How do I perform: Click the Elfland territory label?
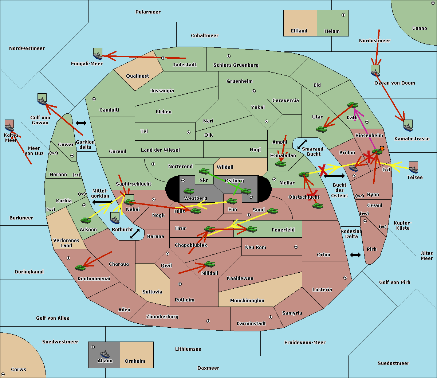click(299, 31)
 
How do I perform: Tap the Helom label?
click(332, 31)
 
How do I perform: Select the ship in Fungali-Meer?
click(98, 54)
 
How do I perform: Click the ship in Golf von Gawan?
click(42, 100)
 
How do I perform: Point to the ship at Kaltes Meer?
click(9, 126)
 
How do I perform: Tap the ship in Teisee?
click(413, 168)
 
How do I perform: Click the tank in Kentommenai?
click(80, 268)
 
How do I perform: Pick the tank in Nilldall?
click(209, 264)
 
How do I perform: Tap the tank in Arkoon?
click(86, 220)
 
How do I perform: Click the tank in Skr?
click(204, 171)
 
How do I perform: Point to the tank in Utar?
click(321, 129)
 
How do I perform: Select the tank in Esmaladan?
click(280, 164)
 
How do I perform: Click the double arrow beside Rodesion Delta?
click(355, 255)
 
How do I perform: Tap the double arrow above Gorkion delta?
click(81, 123)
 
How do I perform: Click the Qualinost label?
click(137, 76)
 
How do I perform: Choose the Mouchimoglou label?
click(247, 301)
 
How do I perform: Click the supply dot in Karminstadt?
click(271, 317)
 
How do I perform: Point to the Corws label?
click(19, 370)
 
